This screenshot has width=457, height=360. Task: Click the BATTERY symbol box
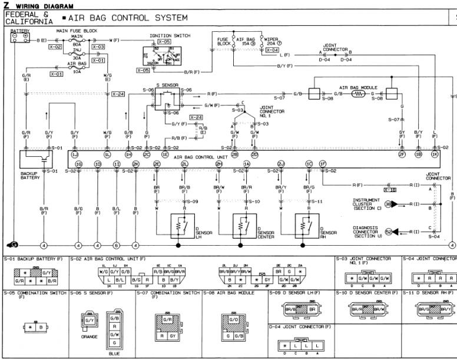coord(18,37)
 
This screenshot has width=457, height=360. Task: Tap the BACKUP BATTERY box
coord(37,161)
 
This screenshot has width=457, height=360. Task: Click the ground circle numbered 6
coord(117,245)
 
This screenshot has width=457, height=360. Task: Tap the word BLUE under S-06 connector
coord(114,354)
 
